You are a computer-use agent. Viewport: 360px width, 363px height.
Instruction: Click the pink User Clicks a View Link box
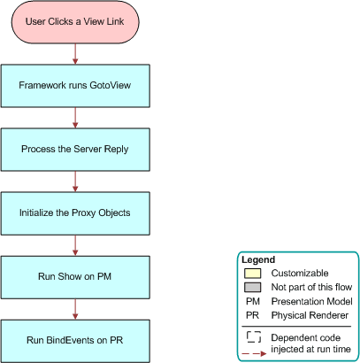point(75,21)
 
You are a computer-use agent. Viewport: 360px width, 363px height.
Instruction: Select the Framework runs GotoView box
point(75,87)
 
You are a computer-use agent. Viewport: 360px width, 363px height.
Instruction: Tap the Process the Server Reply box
point(75,150)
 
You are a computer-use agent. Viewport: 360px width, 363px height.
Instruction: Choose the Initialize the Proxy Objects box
point(75,213)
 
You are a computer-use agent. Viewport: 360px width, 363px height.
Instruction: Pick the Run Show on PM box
point(75,277)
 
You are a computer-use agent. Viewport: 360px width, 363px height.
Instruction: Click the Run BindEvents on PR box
point(75,340)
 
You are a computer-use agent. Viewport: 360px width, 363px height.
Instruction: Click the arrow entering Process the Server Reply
point(75,118)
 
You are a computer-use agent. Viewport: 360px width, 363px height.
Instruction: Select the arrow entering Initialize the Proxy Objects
point(75,181)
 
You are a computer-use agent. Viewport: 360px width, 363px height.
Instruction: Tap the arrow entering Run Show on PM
point(75,245)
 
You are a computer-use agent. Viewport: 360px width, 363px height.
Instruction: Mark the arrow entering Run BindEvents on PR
point(75,309)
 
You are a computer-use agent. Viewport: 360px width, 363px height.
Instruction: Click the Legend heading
point(258,259)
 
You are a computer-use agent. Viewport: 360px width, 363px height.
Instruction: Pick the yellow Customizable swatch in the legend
point(253,274)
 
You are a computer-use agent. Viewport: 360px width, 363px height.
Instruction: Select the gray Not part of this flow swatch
point(253,288)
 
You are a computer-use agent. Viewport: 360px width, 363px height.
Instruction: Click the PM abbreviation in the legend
point(253,301)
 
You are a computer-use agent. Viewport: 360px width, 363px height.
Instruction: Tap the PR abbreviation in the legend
point(253,314)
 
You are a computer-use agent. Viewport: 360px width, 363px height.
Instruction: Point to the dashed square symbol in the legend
point(253,336)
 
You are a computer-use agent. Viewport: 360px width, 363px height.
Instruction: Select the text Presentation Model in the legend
point(310,301)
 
